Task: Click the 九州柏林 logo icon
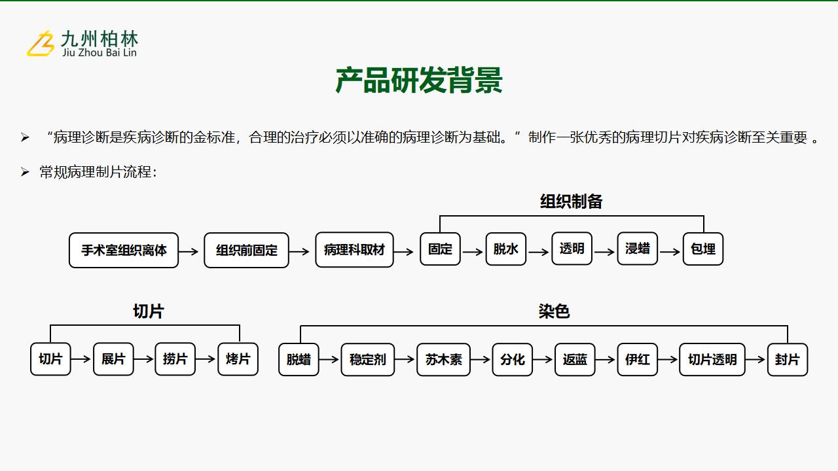(x=40, y=43)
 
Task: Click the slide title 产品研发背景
(x=419, y=80)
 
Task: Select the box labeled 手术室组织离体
(x=124, y=250)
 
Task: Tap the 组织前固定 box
(x=247, y=250)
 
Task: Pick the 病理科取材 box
(x=354, y=250)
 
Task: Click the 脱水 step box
(x=506, y=249)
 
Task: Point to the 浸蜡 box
(x=638, y=249)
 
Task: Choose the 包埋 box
(x=703, y=249)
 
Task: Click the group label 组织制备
(x=572, y=201)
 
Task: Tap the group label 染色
(x=554, y=311)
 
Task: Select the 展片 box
(x=113, y=359)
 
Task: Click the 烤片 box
(x=238, y=359)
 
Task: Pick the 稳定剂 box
(x=368, y=360)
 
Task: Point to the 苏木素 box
(x=444, y=360)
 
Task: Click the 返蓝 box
(x=575, y=360)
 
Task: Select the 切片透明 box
(x=712, y=360)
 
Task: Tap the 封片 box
(x=788, y=360)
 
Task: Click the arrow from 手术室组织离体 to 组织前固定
(x=189, y=251)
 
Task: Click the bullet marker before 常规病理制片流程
(x=25, y=172)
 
